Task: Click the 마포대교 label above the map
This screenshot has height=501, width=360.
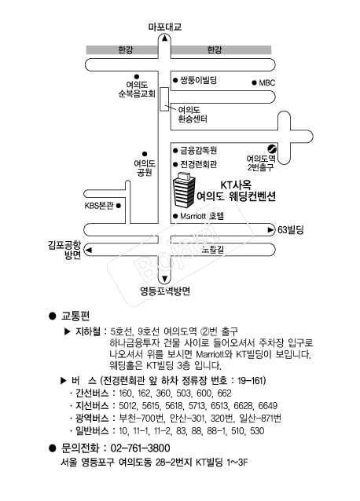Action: [x=165, y=27]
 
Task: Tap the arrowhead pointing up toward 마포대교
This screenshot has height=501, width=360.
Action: [x=164, y=38]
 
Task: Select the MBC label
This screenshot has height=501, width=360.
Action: [x=267, y=82]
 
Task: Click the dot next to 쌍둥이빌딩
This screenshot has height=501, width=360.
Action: [x=175, y=80]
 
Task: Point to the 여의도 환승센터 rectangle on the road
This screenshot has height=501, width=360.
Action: [x=164, y=99]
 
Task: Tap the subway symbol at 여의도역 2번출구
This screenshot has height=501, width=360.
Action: [x=272, y=149]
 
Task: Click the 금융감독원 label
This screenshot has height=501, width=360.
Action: [x=199, y=150]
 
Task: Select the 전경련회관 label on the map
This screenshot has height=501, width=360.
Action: [x=199, y=164]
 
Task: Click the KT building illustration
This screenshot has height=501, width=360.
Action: [x=184, y=189]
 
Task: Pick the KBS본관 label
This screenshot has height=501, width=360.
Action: [x=99, y=206]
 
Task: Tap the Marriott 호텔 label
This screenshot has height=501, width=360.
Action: [x=202, y=216]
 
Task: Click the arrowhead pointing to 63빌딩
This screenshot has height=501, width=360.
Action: [x=271, y=230]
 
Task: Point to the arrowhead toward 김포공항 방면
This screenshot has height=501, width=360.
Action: [x=89, y=250]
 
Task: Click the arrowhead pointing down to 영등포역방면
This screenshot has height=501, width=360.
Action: [x=164, y=279]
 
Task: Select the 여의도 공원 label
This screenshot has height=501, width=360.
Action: [x=145, y=168]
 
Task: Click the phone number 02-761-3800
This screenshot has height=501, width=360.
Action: [x=141, y=448]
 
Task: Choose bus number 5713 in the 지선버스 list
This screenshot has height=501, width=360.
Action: [x=197, y=406]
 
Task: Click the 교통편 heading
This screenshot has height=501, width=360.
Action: [x=75, y=316]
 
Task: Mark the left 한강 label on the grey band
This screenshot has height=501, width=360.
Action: [x=125, y=49]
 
